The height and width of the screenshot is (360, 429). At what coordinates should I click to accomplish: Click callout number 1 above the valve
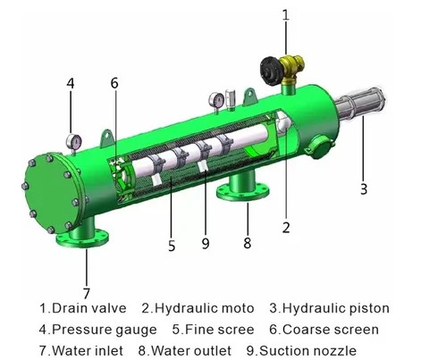[286, 13]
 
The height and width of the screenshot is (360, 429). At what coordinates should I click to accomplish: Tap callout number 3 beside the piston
[365, 189]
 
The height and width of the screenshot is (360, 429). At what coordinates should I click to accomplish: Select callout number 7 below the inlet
[87, 292]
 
